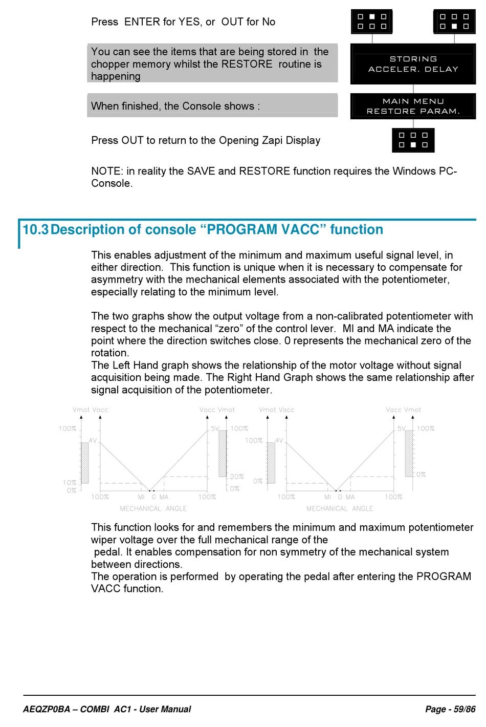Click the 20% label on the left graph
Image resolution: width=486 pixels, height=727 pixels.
[x=237, y=477]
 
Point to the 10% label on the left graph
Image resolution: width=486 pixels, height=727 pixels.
[x=70, y=483]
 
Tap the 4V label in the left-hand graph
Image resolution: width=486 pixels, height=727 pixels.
[x=93, y=440]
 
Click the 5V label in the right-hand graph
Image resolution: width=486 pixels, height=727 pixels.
[x=402, y=429]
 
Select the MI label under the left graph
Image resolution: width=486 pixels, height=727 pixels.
[x=141, y=497]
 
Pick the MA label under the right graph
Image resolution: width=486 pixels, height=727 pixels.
[x=350, y=497]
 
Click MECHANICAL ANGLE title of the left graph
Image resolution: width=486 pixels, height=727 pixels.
[x=153, y=508]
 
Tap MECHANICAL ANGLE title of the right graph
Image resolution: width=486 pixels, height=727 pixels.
[x=340, y=508]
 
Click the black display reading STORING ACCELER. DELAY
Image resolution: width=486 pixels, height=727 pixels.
[x=413, y=64]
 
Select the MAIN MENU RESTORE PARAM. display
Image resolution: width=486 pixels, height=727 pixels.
[x=413, y=106]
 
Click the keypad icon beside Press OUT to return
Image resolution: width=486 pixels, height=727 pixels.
[x=413, y=140]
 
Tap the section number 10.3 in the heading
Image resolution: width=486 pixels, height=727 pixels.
[x=35, y=229]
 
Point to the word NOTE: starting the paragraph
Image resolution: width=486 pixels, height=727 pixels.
[x=107, y=171]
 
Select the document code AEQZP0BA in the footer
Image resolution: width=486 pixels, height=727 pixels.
[x=47, y=709]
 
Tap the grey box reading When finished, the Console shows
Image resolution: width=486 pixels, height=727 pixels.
[x=212, y=105]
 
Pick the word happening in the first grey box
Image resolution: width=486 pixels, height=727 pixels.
[x=116, y=77]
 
